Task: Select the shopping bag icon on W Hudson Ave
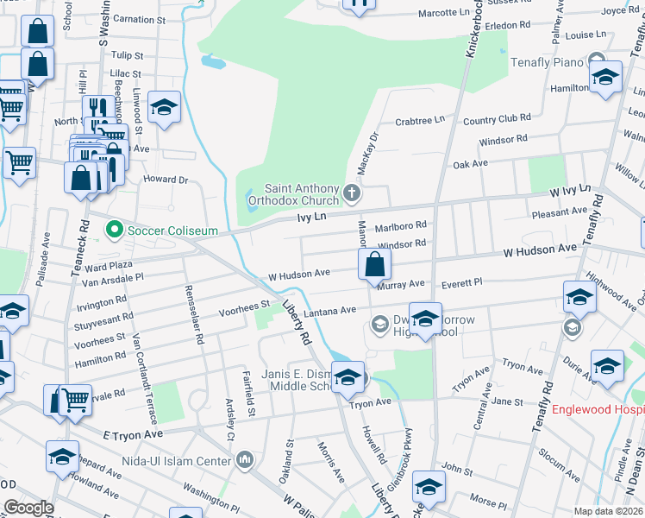(373, 263)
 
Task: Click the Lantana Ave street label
(335, 310)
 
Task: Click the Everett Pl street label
(461, 282)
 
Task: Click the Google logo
(28, 508)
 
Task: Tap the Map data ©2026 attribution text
(607, 511)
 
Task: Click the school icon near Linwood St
(164, 108)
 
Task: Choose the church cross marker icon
(351, 191)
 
